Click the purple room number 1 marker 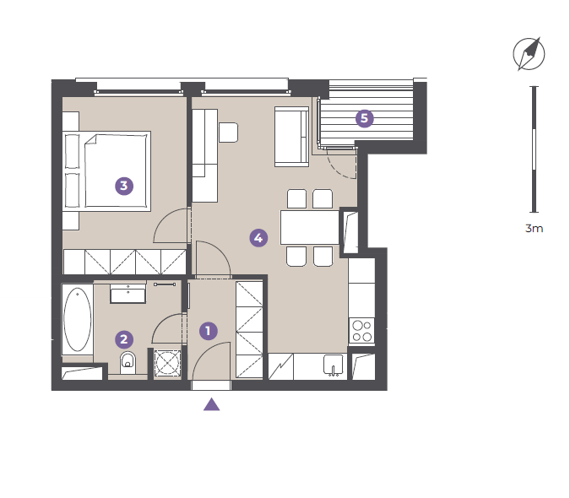209,331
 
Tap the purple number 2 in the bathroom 124,339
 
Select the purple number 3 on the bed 124,186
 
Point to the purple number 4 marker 258,238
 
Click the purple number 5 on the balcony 364,118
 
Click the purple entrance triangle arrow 212,404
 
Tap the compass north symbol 529,54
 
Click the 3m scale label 534,229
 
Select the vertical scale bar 534,149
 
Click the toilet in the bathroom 128,362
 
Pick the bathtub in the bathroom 78,320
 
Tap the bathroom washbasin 128,294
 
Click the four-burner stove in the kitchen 361,331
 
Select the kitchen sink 334,365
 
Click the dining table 310,227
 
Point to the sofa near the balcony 291,137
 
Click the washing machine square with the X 167,362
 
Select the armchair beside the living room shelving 228,133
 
